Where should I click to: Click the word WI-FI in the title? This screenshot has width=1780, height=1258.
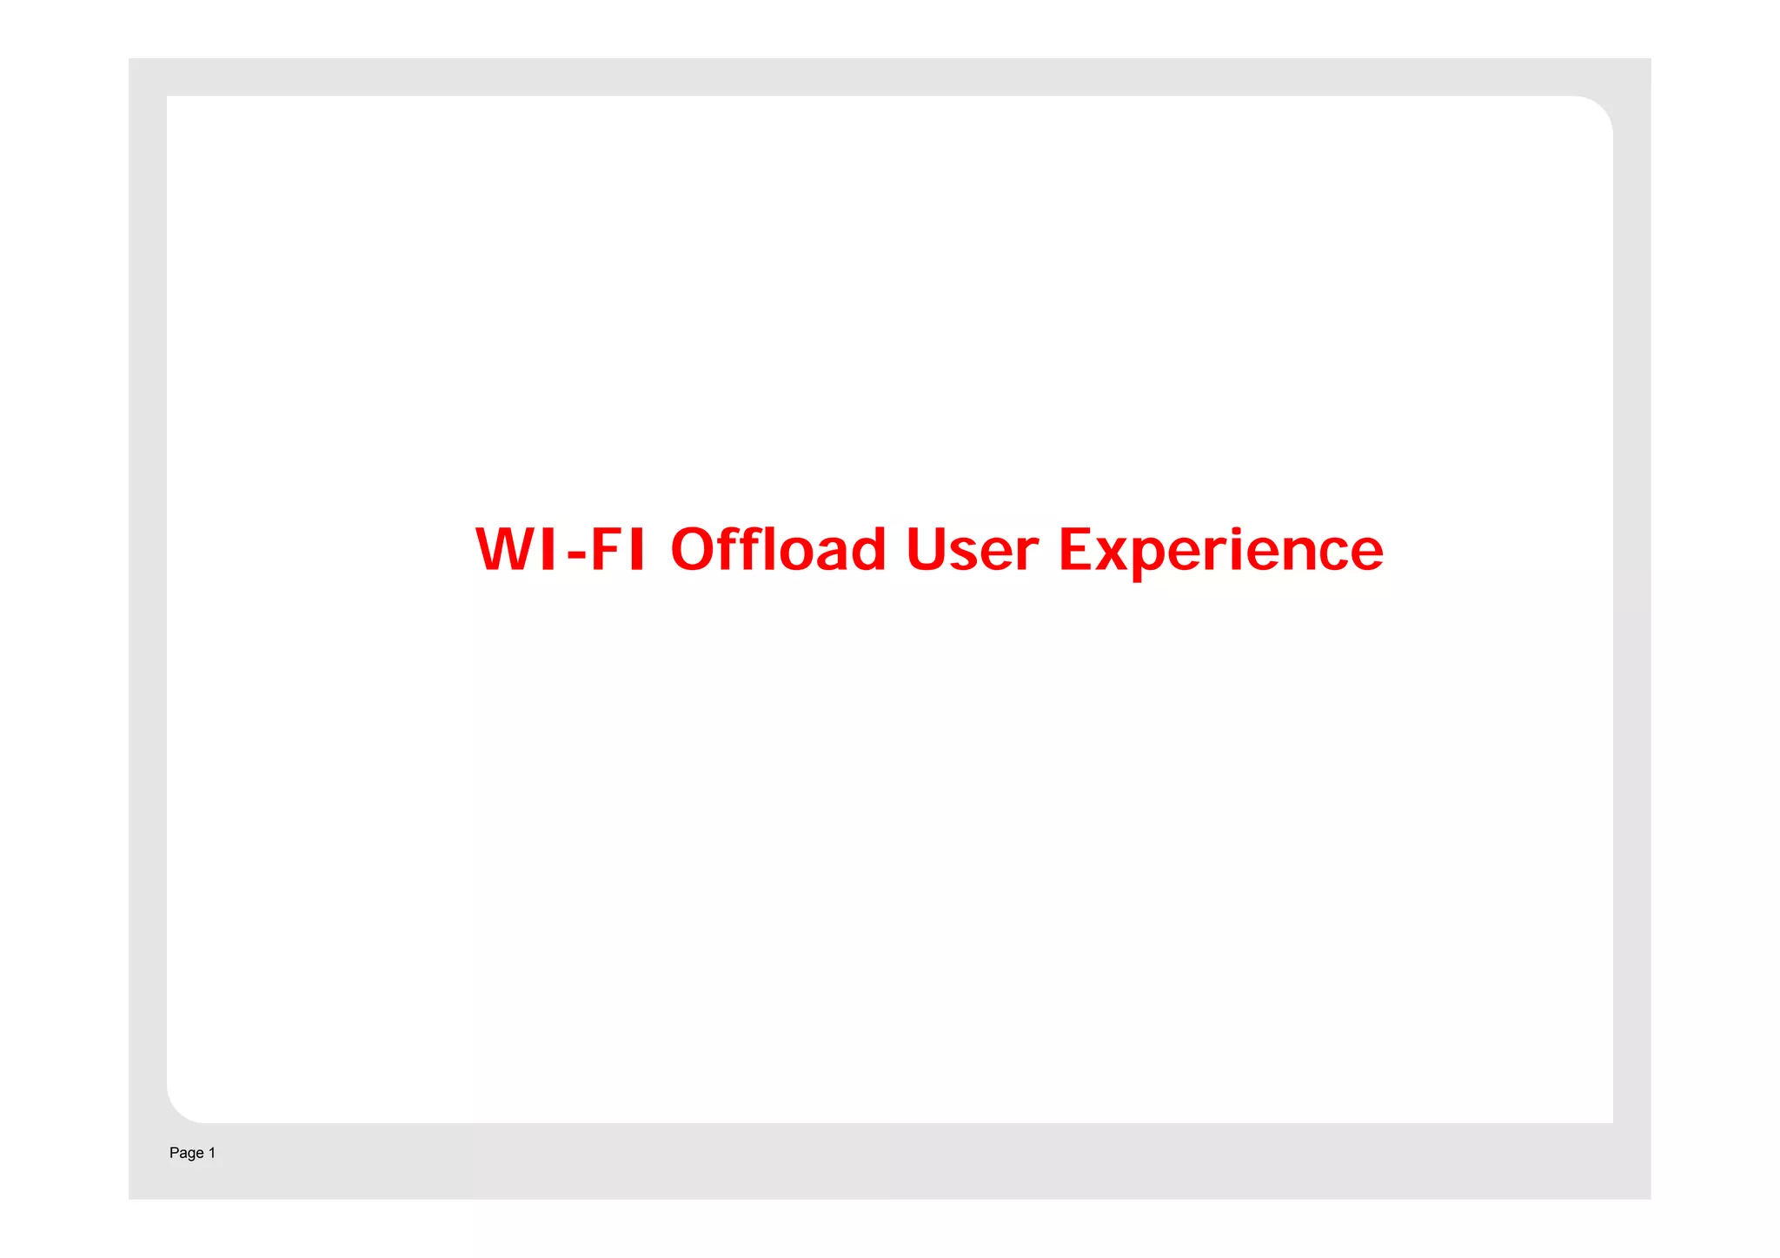tap(561, 550)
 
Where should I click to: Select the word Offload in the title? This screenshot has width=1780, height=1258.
tap(778, 550)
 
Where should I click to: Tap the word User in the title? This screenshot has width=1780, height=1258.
tap(972, 550)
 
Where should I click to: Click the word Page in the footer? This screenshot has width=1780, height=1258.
tap(186, 1153)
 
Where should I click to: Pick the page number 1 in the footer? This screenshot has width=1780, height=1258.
tap(212, 1152)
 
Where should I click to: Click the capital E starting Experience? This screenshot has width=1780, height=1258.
tap(1075, 550)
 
